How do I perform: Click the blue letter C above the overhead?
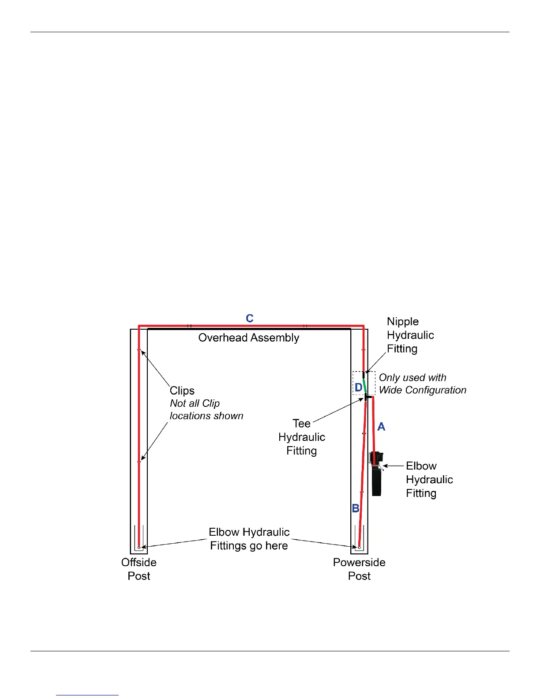[250, 319]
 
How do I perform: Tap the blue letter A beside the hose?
[381, 427]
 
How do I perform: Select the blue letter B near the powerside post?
[356, 508]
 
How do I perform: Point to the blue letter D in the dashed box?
[358, 387]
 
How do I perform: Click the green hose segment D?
[365, 385]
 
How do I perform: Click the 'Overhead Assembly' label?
[249, 338]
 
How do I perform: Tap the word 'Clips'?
[182, 391]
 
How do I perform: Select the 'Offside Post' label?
[139, 569]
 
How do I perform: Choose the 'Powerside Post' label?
[359, 569]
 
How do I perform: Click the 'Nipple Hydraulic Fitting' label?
[410, 335]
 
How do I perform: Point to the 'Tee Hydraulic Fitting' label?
[302, 437]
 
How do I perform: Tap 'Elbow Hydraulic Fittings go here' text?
[249, 538]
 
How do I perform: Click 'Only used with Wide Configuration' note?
[422, 384]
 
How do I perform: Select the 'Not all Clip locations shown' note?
[206, 410]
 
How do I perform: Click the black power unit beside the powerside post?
[377, 481]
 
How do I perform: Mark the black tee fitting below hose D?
[367, 397]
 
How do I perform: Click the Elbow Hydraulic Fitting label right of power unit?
[429, 479]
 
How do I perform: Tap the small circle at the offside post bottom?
[139, 548]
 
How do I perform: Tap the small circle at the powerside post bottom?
[359, 548]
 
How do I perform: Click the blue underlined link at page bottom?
[87, 695]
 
